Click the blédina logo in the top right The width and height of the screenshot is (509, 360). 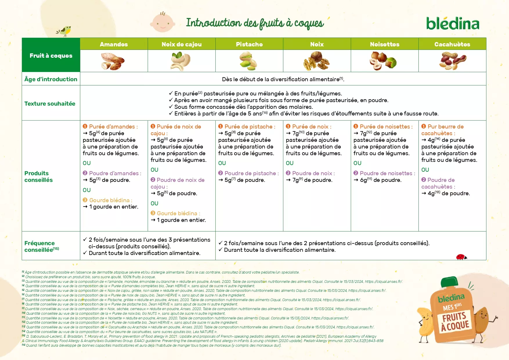click(x=452, y=24)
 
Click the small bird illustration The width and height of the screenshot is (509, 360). click(x=64, y=31)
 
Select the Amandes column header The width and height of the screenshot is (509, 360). click(x=114, y=44)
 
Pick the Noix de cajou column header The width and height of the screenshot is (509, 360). click(x=181, y=44)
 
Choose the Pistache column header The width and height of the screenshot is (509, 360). click(x=249, y=44)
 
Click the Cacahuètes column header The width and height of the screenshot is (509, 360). click(x=452, y=44)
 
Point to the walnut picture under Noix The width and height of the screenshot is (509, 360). click(x=317, y=61)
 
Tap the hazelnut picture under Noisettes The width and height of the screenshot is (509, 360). click(x=383, y=61)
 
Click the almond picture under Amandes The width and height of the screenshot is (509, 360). click(x=113, y=61)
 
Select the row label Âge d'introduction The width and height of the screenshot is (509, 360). click(x=51, y=79)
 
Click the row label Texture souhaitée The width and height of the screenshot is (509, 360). click(x=50, y=104)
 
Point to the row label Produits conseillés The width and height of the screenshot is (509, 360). click(x=39, y=176)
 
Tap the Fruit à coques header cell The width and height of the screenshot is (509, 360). click(x=51, y=55)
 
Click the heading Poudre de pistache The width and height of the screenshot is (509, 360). click(x=250, y=173)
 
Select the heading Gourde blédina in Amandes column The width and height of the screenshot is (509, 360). click(x=109, y=200)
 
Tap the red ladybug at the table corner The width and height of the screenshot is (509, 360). click(x=461, y=257)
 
